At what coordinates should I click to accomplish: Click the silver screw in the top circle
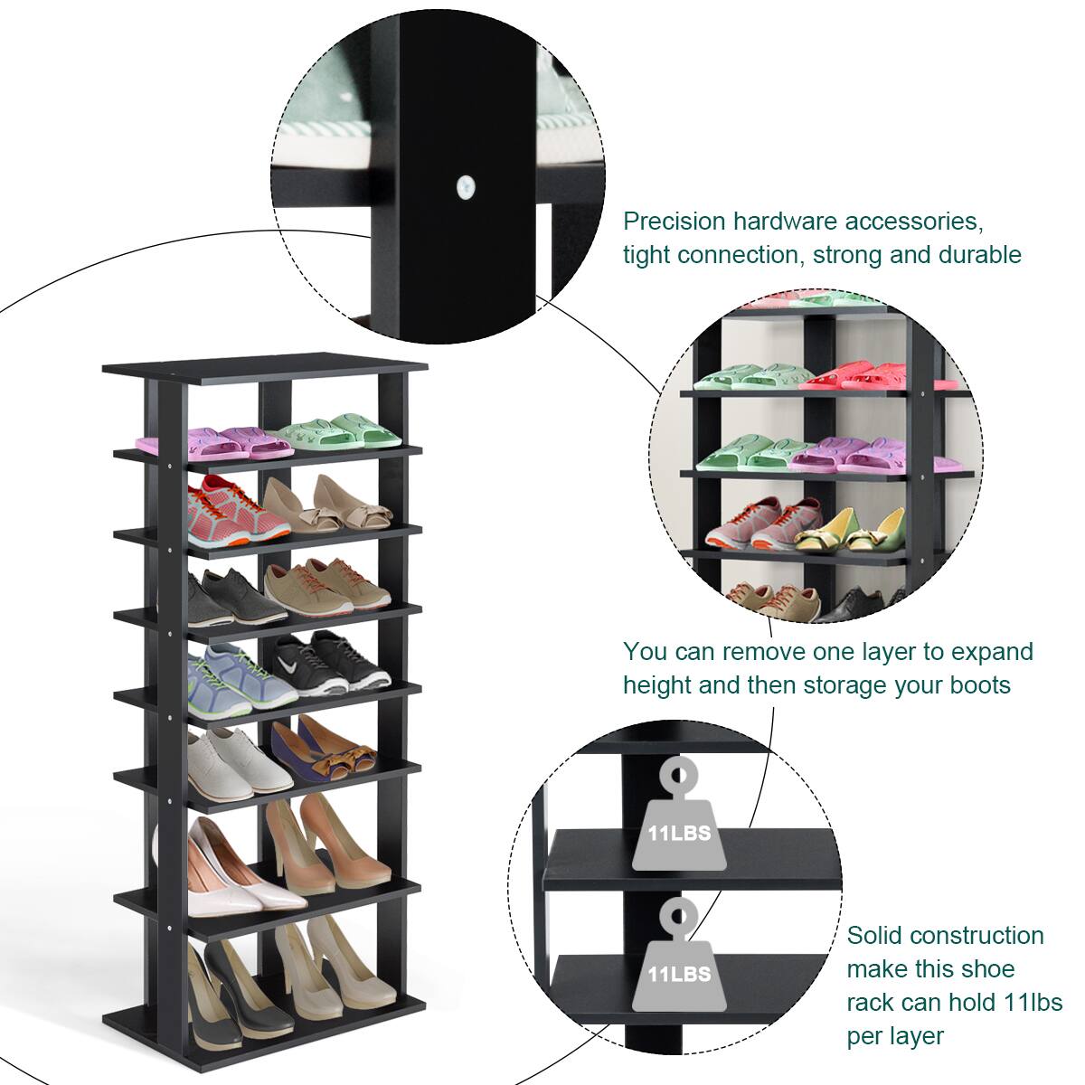(x=465, y=185)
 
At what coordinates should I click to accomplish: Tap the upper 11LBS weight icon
(x=672, y=819)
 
